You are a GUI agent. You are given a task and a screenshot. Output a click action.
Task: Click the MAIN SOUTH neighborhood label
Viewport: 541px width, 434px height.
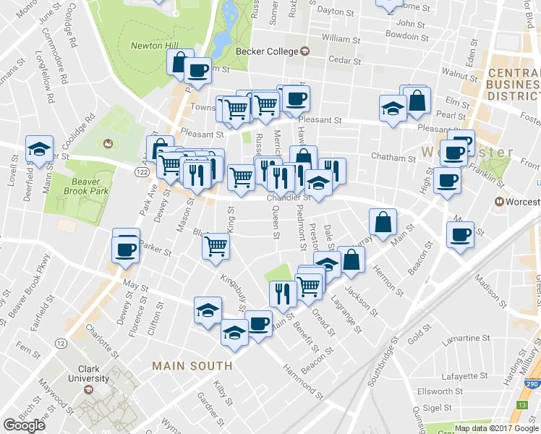tap(192, 367)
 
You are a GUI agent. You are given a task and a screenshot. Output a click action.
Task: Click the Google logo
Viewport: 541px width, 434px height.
tap(24, 425)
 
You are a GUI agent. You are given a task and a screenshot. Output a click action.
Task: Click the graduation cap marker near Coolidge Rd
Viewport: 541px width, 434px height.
tap(38, 150)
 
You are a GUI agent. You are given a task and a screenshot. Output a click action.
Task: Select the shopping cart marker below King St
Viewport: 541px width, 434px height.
tap(216, 246)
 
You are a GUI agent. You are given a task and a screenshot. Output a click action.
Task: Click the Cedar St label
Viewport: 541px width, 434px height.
tap(344, 61)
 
